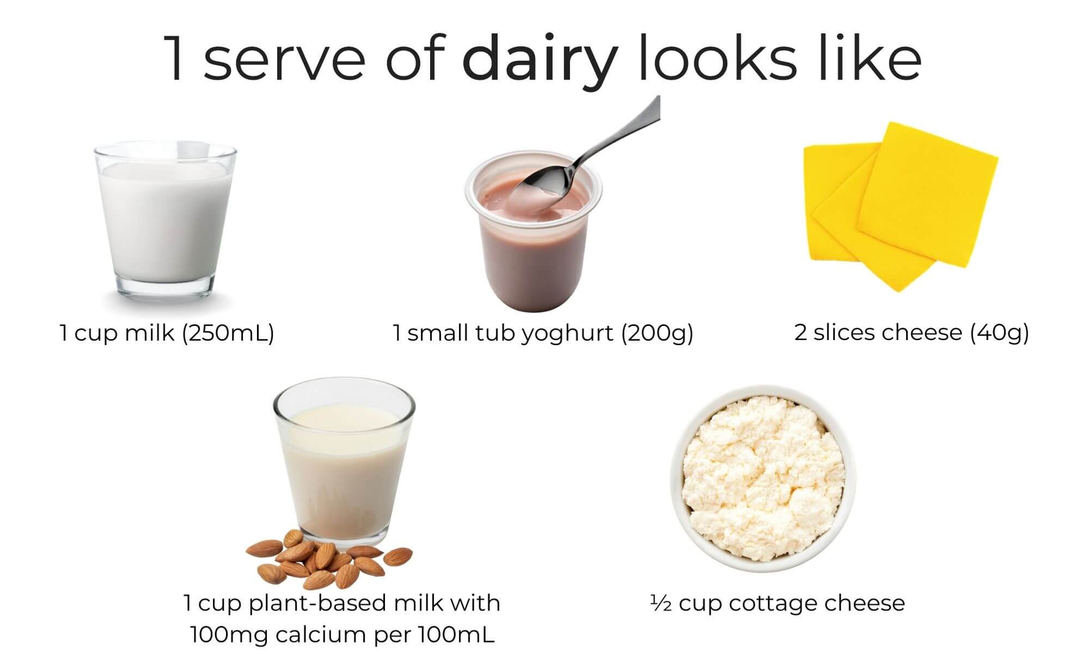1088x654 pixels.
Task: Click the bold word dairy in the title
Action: coord(540,59)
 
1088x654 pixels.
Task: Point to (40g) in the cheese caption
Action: coord(1000,333)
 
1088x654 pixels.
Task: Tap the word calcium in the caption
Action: coord(319,635)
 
